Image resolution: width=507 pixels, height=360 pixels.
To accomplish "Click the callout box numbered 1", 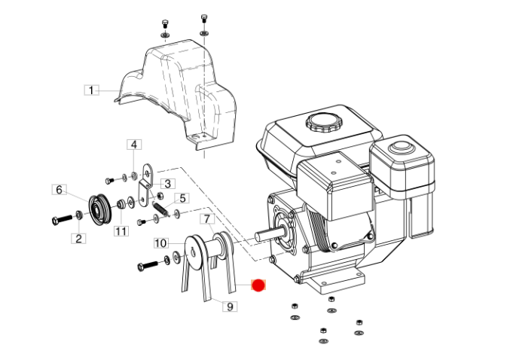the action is [x=91, y=90].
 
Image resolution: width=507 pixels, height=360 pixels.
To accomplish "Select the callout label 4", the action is [x=134, y=145].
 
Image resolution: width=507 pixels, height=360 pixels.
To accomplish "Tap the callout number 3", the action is [x=168, y=184].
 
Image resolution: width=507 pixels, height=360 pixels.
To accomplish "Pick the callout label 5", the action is [x=182, y=198].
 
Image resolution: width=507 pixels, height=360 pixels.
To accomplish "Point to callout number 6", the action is [x=60, y=189].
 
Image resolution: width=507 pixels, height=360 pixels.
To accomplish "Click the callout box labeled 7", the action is [x=207, y=219].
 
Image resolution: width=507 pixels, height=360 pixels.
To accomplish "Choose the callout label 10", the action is [x=161, y=243].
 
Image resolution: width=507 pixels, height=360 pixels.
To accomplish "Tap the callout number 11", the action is [x=121, y=231].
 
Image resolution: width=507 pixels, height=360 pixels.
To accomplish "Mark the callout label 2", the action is [x=78, y=239].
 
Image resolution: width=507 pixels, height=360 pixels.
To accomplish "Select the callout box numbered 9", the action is [x=230, y=306].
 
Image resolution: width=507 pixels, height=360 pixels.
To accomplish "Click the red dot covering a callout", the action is [x=258, y=285].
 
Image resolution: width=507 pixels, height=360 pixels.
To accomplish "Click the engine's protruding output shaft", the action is [x=268, y=235].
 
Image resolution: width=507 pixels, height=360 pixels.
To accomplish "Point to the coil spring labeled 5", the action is [x=160, y=208].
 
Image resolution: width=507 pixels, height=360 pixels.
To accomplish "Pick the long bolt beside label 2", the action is [x=62, y=220].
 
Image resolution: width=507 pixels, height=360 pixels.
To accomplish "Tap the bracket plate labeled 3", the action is [x=145, y=185].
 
